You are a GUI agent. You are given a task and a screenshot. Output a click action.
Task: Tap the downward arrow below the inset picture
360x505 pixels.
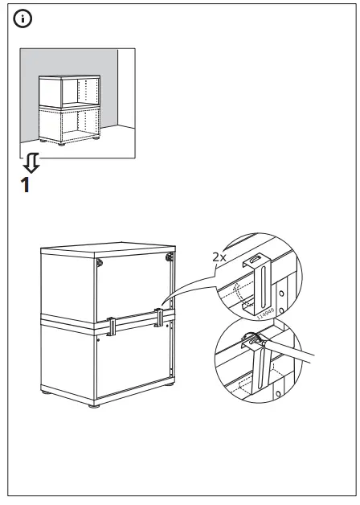[31, 164]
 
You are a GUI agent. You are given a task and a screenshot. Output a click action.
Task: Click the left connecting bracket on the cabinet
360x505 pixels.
[110, 326]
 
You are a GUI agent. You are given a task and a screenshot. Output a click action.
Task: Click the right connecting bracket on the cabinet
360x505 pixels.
[161, 318]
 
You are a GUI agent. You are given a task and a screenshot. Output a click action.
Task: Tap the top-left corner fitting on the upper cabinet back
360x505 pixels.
[99, 264]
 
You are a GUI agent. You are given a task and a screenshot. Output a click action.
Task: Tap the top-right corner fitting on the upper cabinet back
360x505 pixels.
[170, 257]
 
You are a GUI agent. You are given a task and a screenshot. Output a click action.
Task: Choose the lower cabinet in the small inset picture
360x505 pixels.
[68, 125]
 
